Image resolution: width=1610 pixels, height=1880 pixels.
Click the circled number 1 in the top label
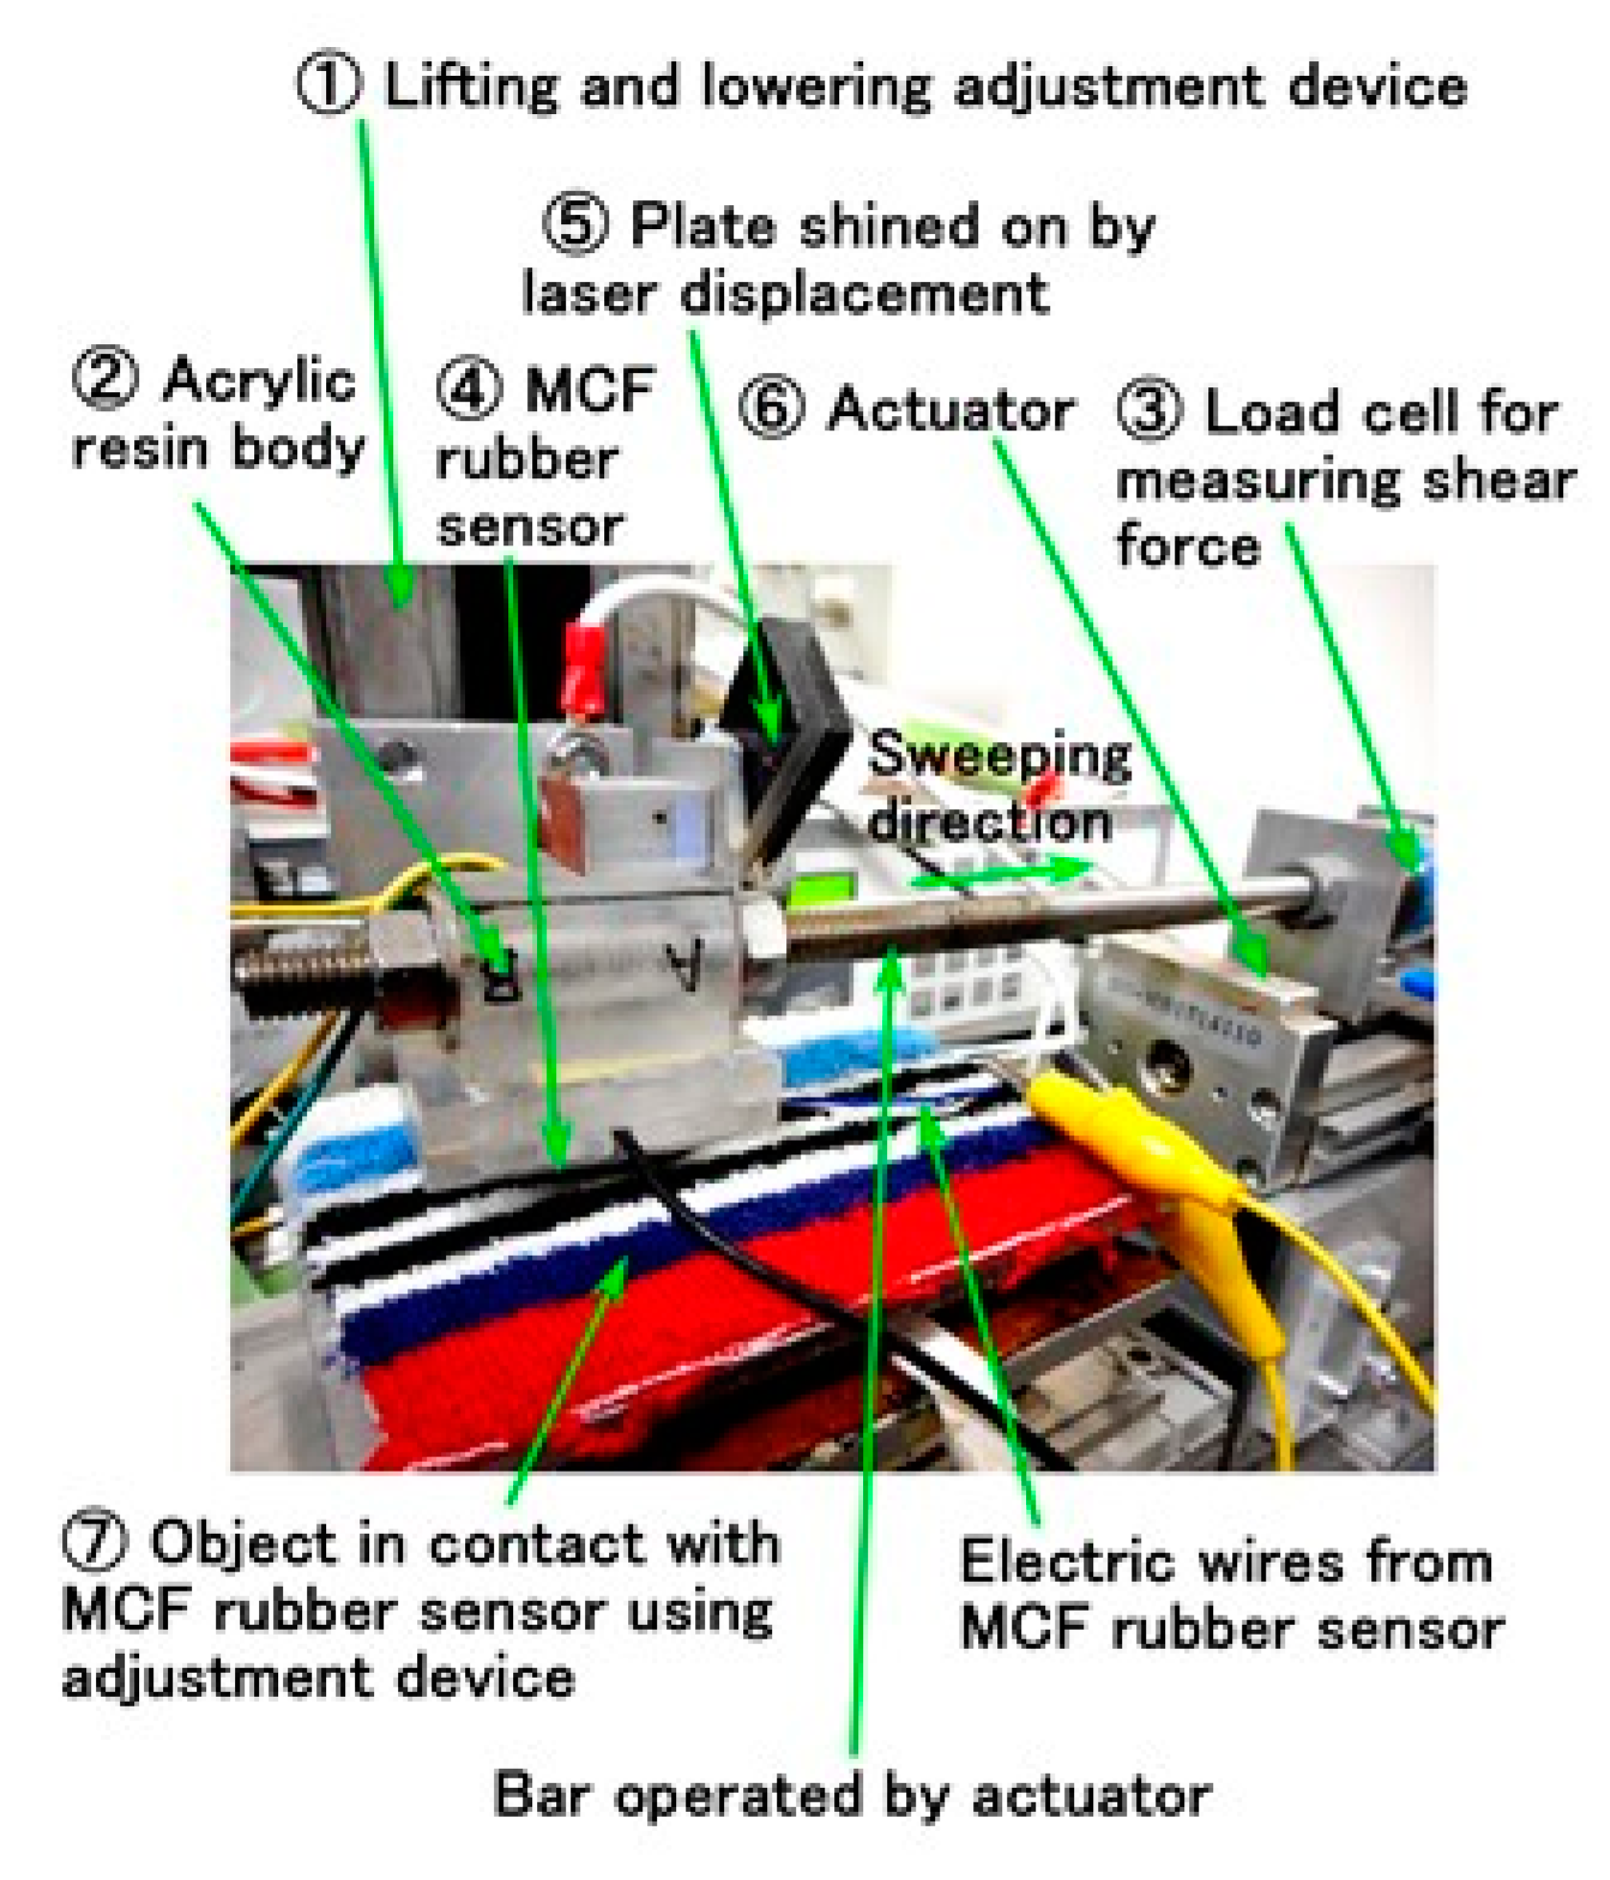point(329,86)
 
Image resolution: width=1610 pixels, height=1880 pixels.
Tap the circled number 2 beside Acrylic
point(105,380)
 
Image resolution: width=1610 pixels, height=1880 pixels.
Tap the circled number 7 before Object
point(93,1543)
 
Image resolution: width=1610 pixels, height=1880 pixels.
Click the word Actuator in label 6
point(951,410)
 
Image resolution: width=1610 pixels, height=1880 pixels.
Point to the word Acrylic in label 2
point(260,382)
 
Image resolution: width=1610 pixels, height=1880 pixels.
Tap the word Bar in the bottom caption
point(539,1795)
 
